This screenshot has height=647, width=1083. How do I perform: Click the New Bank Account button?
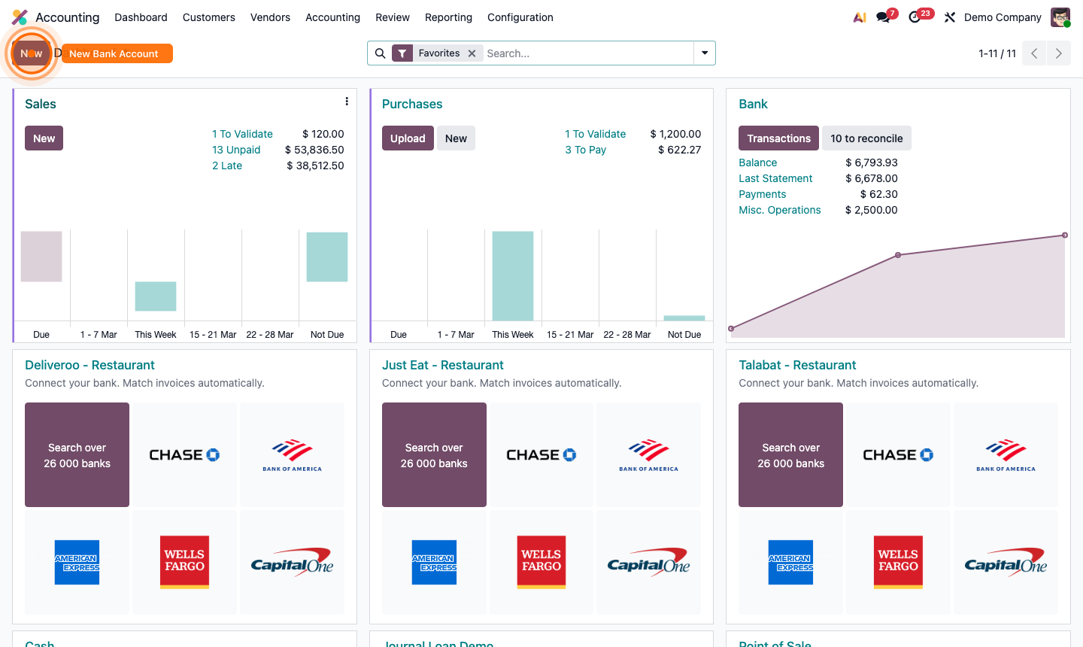pyautogui.click(x=117, y=53)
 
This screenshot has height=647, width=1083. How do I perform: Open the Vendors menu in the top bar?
pyautogui.click(x=270, y=17)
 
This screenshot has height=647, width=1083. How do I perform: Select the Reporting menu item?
pyautogui.click(x=448, y=17)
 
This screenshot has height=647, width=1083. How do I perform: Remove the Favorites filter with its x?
pyautogui.click(x=472, y=53)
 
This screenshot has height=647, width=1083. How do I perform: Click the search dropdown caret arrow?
pyautogui.click(x=705, y=53)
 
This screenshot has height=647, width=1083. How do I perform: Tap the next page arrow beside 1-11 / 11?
pyautogui.click(x=1058, y=53)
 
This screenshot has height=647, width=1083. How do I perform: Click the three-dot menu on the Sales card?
pyautogui.click(x=346, y=102)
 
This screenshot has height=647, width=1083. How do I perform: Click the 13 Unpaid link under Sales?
pyautogui.click(x=236, y=150)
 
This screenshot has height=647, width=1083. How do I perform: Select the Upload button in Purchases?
pyautogui.click(x=408, y=138)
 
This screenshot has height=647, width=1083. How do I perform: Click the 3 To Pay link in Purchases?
pyautogui.click(x=585, y=150)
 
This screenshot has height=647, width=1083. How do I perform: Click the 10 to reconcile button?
pyautogui.click(x=866, y=138)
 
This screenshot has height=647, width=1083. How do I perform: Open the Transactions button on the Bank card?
pyautogui.click(x=778, y=138)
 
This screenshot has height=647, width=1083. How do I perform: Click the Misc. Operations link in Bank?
pyautogui.click(x=779, y=210)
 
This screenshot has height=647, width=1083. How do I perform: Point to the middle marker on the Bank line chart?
pyautogui.click(x=898, y=255)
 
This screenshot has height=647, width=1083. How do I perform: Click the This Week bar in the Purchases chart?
pyautogui.click(x=513, y=275)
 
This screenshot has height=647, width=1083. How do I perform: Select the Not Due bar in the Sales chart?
pyautogui.click(x=327, y=257)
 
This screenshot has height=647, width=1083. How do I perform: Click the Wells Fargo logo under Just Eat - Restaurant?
pyautogui.click(x=541, y=562)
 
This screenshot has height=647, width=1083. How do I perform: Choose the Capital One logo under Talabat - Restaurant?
pyautogui.click(x=1006, y=562)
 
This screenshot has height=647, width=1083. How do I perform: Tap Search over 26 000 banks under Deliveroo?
pyautogui.click(x=77, y=454)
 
